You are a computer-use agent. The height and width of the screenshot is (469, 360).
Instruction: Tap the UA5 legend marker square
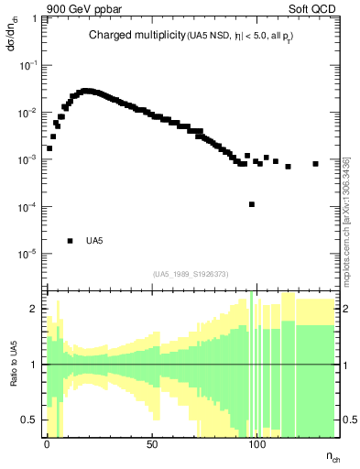(x=70, y=241)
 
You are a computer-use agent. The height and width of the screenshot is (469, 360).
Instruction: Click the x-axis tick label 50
(x=152, y=443)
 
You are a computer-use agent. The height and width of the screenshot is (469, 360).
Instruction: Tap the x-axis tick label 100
(x=257, y=443)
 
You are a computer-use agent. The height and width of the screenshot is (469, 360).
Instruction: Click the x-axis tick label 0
(x=47, y=443)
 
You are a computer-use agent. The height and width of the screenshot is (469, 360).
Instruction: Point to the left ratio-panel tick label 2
(x=33, y=310)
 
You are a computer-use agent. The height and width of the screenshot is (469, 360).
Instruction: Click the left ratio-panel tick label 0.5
(x=29, y=420)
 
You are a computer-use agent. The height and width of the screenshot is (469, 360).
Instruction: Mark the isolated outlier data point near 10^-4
(x=252, y=204)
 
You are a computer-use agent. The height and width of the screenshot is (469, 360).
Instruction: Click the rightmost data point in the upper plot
(x=315, y=164)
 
